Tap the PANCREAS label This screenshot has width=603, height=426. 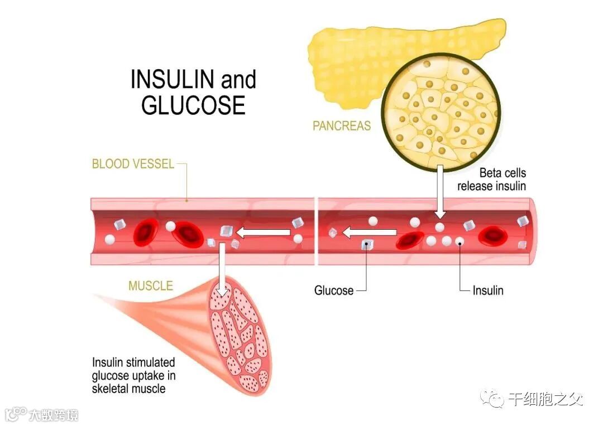[x=341, y=126]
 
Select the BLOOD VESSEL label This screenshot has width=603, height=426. [x=133, y=164]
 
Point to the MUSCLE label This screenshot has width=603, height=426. [x=151, y=286]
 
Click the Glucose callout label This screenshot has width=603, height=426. [x=334, y=291]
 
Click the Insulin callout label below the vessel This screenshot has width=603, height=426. [x=488, y=291]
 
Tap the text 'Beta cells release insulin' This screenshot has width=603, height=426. [x=491, y=180]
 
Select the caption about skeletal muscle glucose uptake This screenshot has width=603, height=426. [x=134, y=375]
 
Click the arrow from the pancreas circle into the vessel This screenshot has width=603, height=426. [x=441, y=192]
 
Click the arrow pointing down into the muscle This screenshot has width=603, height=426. [x=222, y=270]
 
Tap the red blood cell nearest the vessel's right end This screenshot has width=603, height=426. [x=493, y=235]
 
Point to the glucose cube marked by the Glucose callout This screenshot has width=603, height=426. [x=367, y=244]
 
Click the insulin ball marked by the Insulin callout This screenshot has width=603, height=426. [x=460, y=241]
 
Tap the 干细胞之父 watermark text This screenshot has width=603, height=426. [x=545, y=400]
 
